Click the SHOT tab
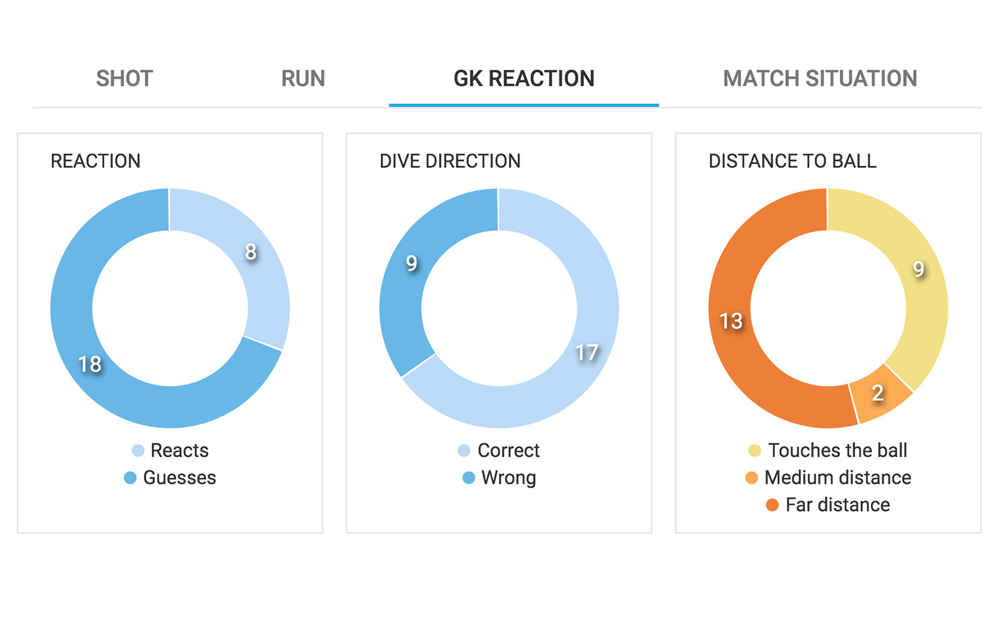124,79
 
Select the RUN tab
303,79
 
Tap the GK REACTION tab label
524,79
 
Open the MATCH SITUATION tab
820,79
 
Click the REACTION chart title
96,161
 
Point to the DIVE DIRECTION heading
450,161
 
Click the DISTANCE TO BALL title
792,161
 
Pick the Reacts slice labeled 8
251,252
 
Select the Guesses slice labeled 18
90,364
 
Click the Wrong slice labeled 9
411,263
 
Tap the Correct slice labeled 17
586,353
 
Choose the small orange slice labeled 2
877,393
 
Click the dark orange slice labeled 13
731,321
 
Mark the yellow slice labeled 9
918,269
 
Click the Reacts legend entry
170,451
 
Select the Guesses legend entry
170,478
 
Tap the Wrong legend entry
499,478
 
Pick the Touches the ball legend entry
828,451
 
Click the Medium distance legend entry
828,478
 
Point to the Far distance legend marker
772,505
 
